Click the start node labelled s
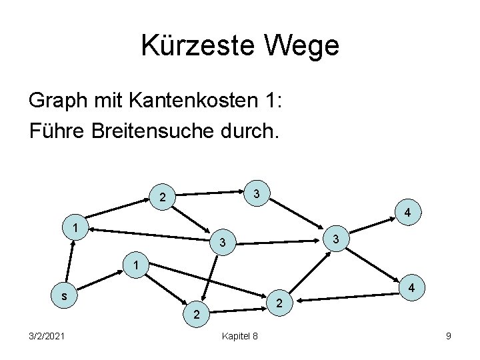[x=64, y=294]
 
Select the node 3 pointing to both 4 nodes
[x=337, y=238]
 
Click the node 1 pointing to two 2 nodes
[x=136, y=265]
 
